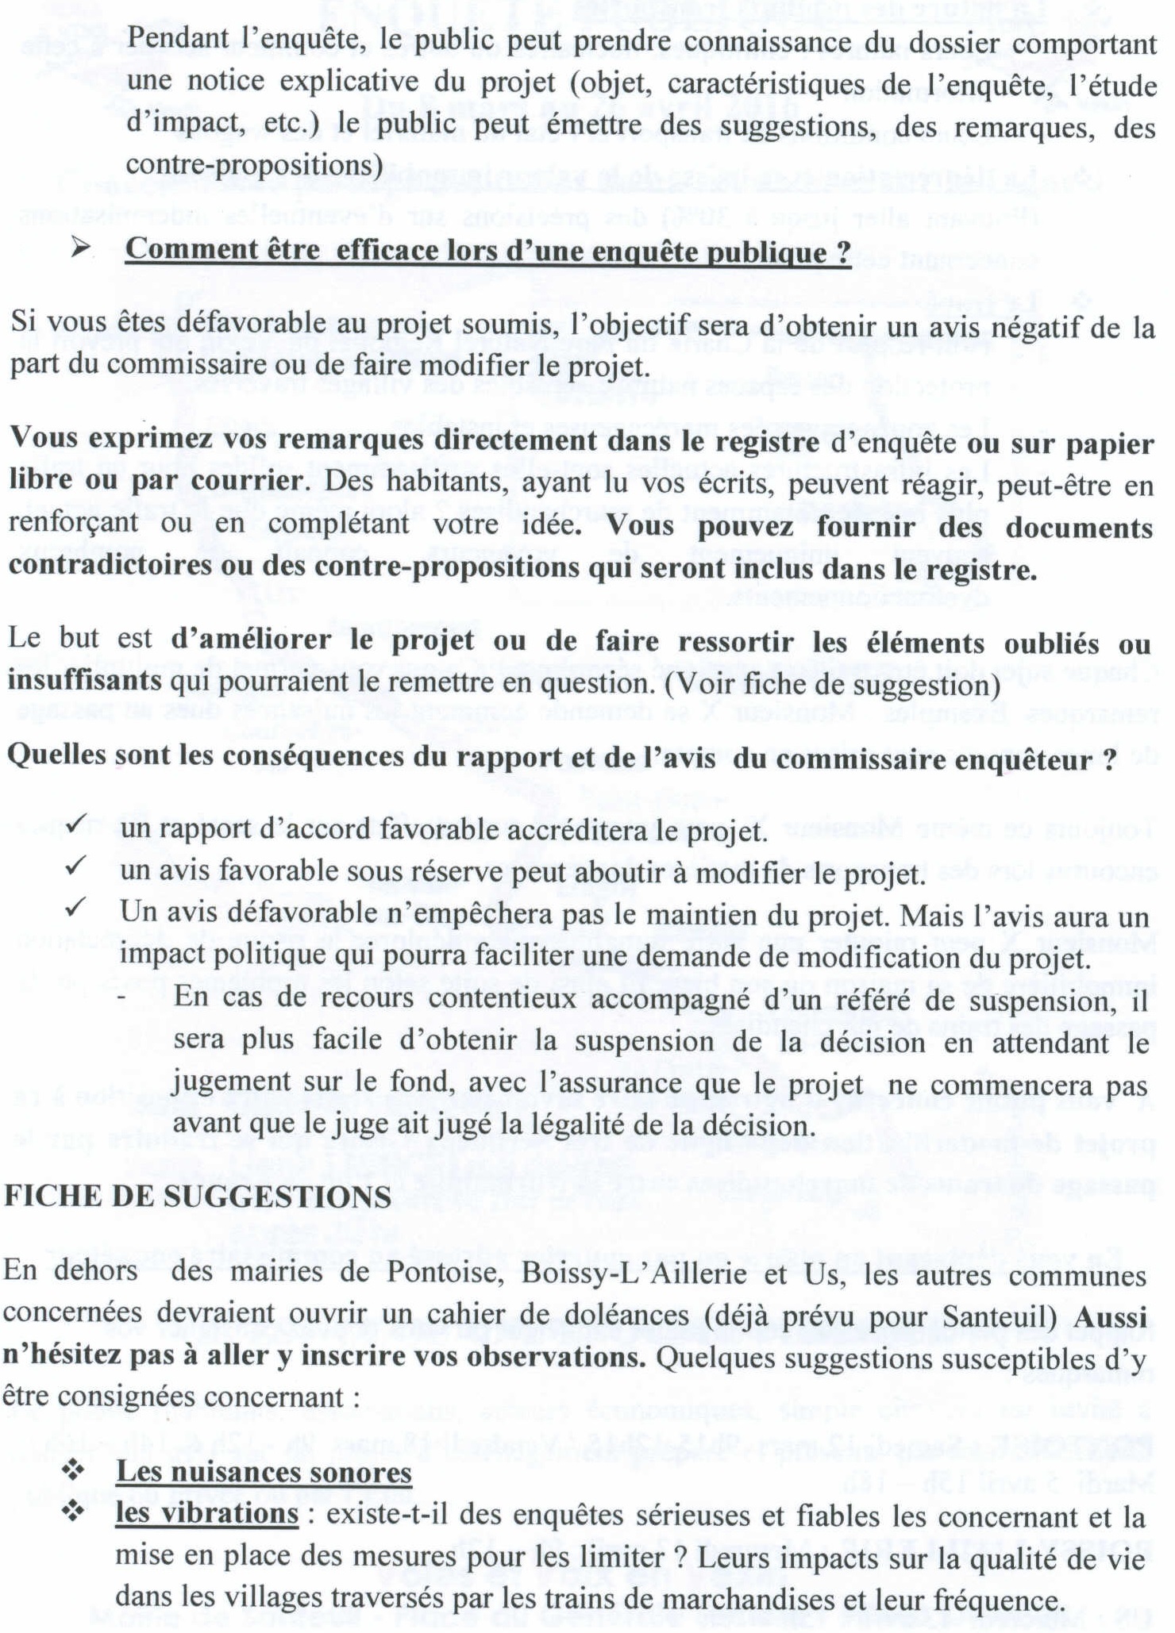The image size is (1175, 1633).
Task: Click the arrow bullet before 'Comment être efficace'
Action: coord(80,249)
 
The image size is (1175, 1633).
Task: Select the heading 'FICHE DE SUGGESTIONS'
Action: coord(198,1197)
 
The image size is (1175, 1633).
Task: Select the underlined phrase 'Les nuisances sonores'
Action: coord(264,1472)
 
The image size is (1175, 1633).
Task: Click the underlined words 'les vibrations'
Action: coord(206,1514)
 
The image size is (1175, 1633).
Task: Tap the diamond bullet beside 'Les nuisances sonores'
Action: coord(74,1471)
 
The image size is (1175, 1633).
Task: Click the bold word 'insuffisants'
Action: coord(85,682)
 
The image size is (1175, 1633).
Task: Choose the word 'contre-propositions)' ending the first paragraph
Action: coord(254,164)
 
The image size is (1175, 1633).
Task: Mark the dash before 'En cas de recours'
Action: coord(121,999)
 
